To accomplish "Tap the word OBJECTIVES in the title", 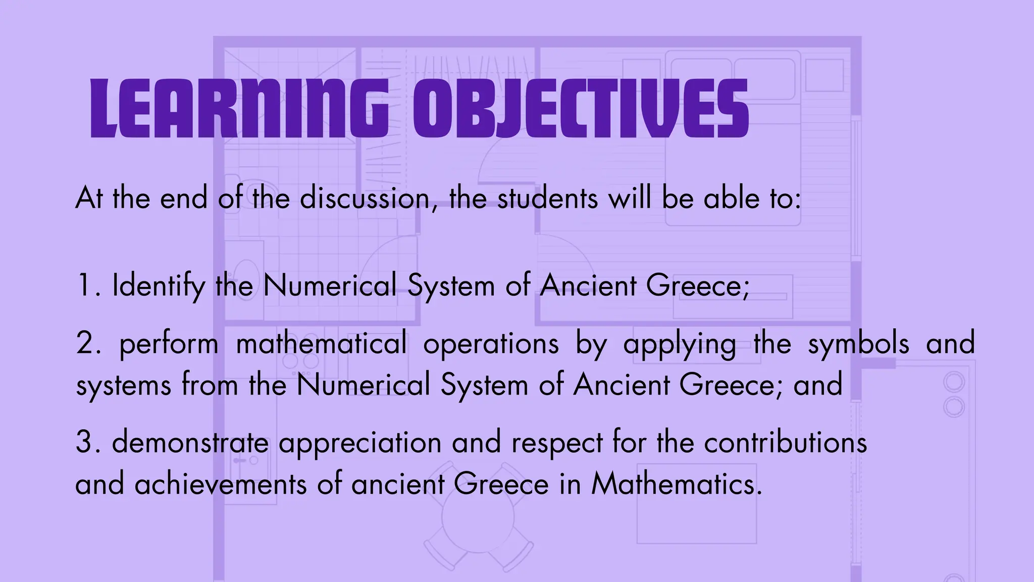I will tap(581, 109).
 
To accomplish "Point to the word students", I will tap(547, 198).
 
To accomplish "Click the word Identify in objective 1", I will tap(159, 286).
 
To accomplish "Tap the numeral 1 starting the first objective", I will tap(84, 286).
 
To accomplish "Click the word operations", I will tap(491, 344).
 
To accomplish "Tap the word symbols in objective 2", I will tap(858, 344).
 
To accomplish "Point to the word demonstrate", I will tap(190, 442).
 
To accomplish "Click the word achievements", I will tap(221, 484).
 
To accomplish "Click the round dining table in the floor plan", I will tap(478, 517).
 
